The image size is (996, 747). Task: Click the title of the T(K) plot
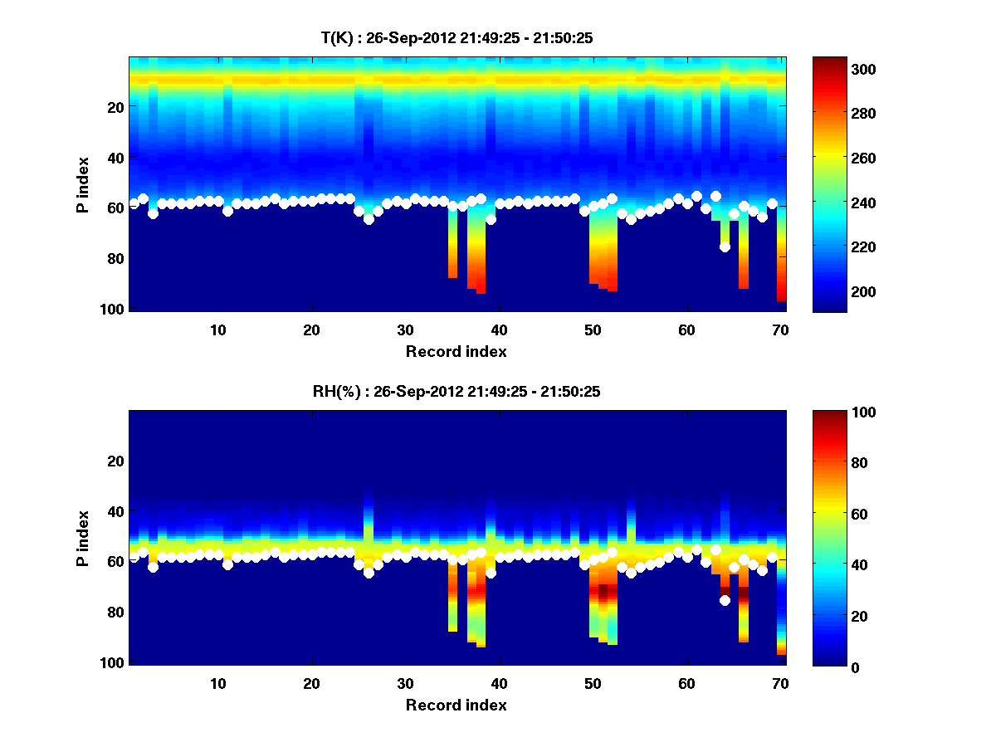tap(457, 37)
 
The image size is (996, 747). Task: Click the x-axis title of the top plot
tap(456, 351)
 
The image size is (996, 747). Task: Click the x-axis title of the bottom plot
tap(456, 705)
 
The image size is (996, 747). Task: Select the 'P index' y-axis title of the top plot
tap(84, 184)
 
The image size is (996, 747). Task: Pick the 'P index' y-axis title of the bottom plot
tap(84, 538)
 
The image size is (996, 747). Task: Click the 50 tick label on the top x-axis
tap(593, 330)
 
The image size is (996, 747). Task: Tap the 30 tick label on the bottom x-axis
tap(405, 683)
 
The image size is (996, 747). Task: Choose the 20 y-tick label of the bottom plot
tap(115, 461)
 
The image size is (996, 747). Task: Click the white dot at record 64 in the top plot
tap(725, 247)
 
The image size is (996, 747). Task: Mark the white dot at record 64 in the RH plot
tap(725, 600)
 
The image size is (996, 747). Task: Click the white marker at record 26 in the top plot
tap(369, 219)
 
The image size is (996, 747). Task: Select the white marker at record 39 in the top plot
tap(491, 219)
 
